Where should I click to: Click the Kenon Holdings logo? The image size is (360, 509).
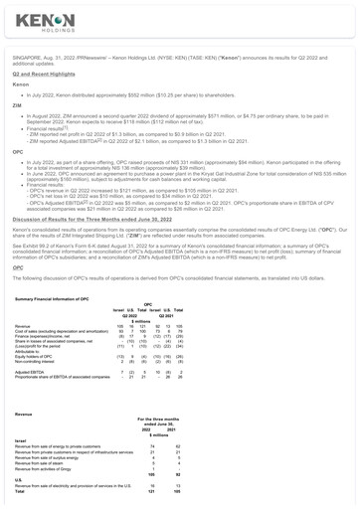40,23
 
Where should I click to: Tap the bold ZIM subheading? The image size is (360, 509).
15,131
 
